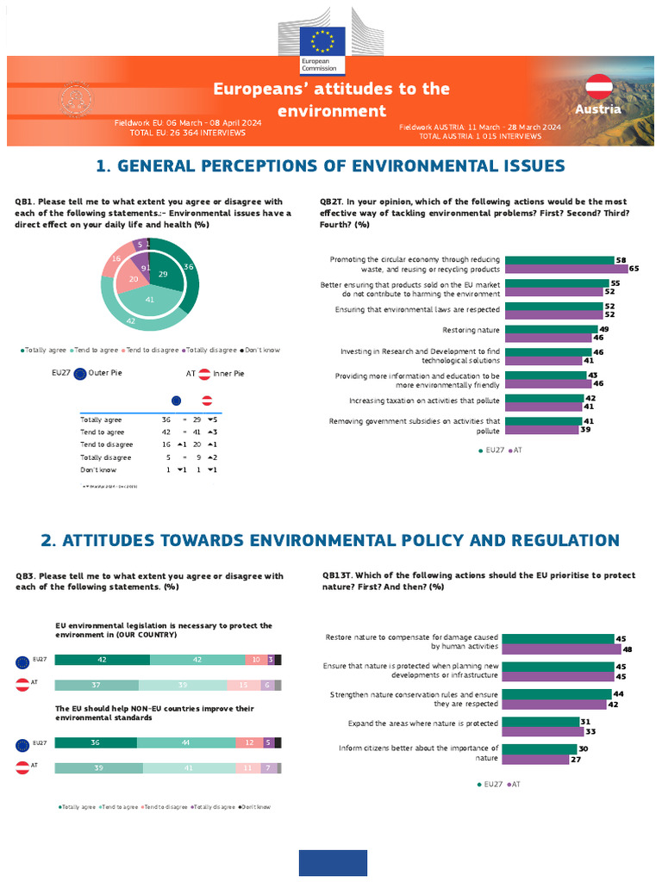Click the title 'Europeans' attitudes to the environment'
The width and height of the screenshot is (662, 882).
tap(331, 100)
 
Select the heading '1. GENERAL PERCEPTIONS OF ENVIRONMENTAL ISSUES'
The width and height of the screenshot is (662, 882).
tap(330, 166)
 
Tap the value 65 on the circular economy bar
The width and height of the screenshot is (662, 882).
tap(634, 270)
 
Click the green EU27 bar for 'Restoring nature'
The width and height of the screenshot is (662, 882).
tap(551, 329)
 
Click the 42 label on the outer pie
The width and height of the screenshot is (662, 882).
tap(131, 320)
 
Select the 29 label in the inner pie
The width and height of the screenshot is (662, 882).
tap(163, 273)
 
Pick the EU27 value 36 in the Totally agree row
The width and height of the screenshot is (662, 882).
tap(165, 419)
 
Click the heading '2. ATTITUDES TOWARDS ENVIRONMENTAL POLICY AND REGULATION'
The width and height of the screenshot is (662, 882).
tap(330, 541)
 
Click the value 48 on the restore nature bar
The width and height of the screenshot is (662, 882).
tap(628, 649)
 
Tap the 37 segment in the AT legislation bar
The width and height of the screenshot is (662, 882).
tap(97, 685)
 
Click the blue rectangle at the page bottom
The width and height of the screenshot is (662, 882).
tap(333, 863)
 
